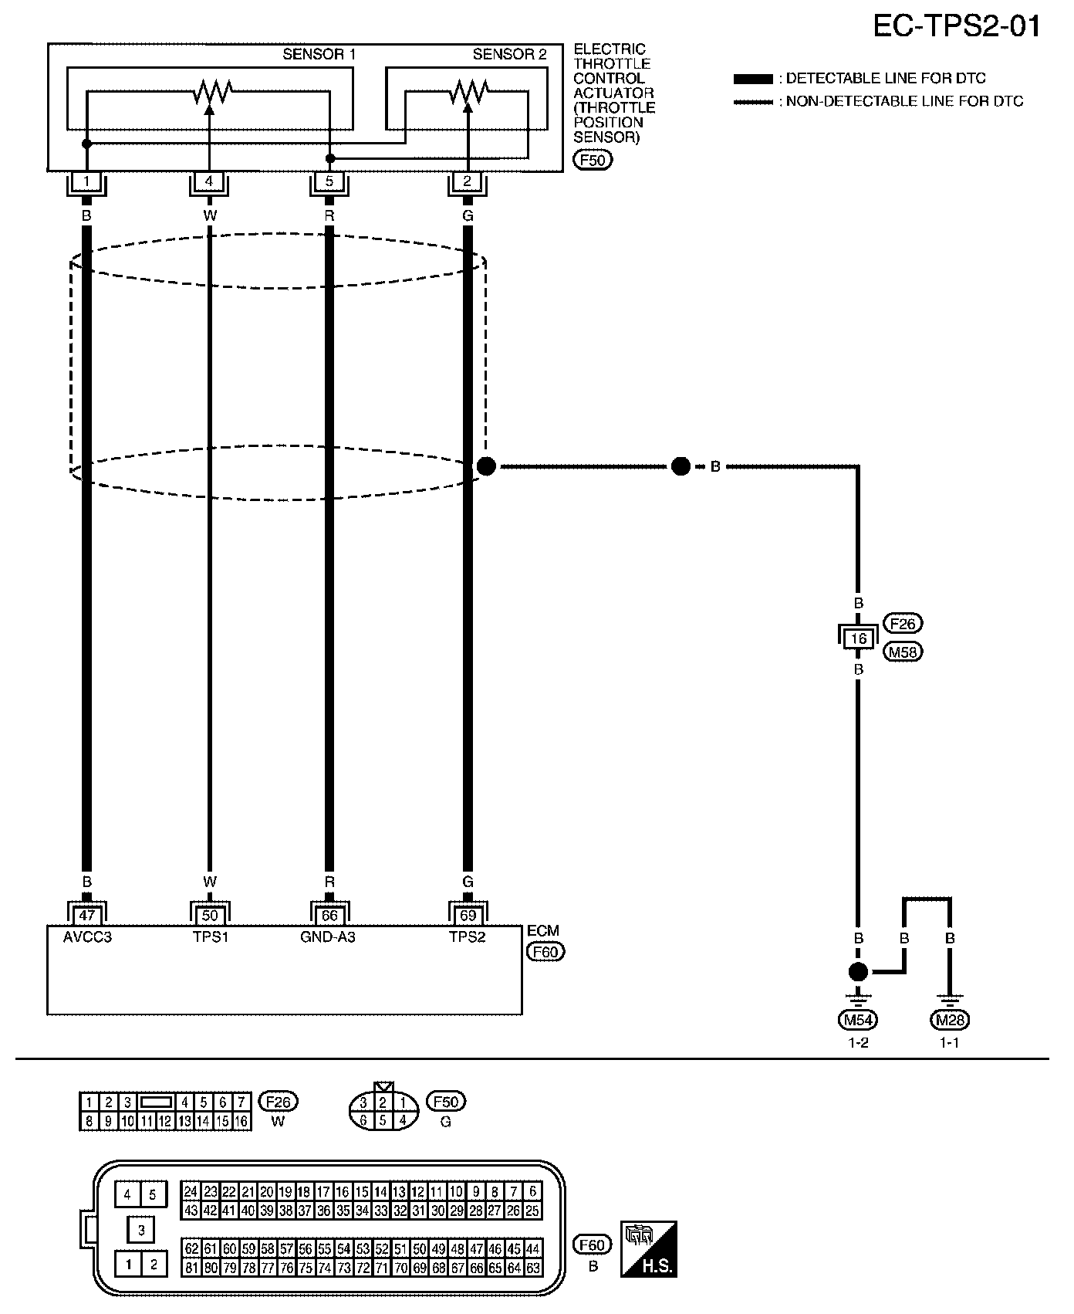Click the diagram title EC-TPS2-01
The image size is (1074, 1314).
[x=956, y=26]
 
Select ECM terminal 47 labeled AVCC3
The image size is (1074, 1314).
[x=86, y=916]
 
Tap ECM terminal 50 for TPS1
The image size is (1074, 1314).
[x=210, y=916]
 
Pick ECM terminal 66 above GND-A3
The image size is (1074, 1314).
[x=329, y=916]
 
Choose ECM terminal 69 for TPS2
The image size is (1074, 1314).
[x=468, y=916]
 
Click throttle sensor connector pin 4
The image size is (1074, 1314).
[x=209, y=183]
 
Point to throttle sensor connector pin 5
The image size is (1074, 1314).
[x=329, y=183]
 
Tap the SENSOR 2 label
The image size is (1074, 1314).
[x=509, y=54]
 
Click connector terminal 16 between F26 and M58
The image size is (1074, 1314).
[x=858, y=638]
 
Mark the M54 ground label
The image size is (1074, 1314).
[x=858, y=1020]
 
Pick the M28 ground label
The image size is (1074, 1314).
[x=950, y=1020]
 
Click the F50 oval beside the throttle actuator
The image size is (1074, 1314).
[x=592, y=161]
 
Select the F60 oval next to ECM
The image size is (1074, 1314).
[x=545, y=952]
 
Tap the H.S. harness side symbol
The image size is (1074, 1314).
[x=649, y=1248]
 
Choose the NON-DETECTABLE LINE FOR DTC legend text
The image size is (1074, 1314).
[x=904, y=101]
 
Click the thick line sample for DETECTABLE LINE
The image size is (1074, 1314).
[x=752, y=79]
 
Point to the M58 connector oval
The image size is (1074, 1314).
[x=905, y=652]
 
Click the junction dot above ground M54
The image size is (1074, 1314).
[x=858, y=972]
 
